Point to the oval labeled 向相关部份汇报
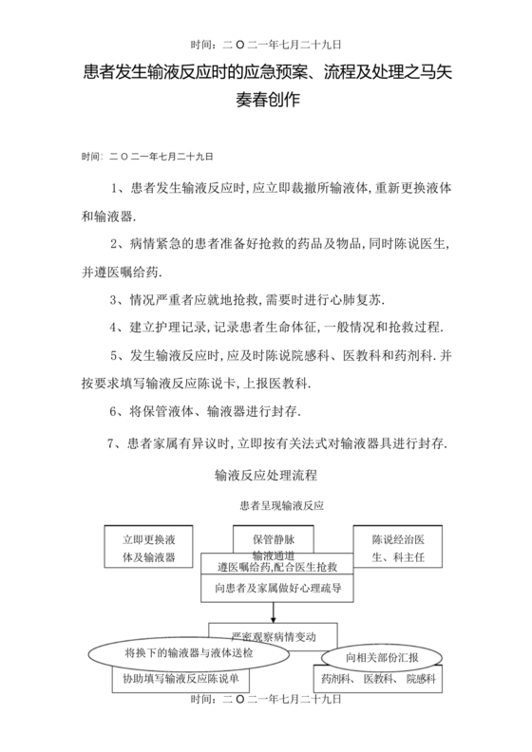[x=382, y=657]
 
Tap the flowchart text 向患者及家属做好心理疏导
[x=273, y=588]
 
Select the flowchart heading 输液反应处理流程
[x=265, y=473]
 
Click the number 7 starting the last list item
[x=113, y=442]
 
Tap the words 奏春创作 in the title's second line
[x=266, y=99]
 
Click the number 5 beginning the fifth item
[x=114, y=356]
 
